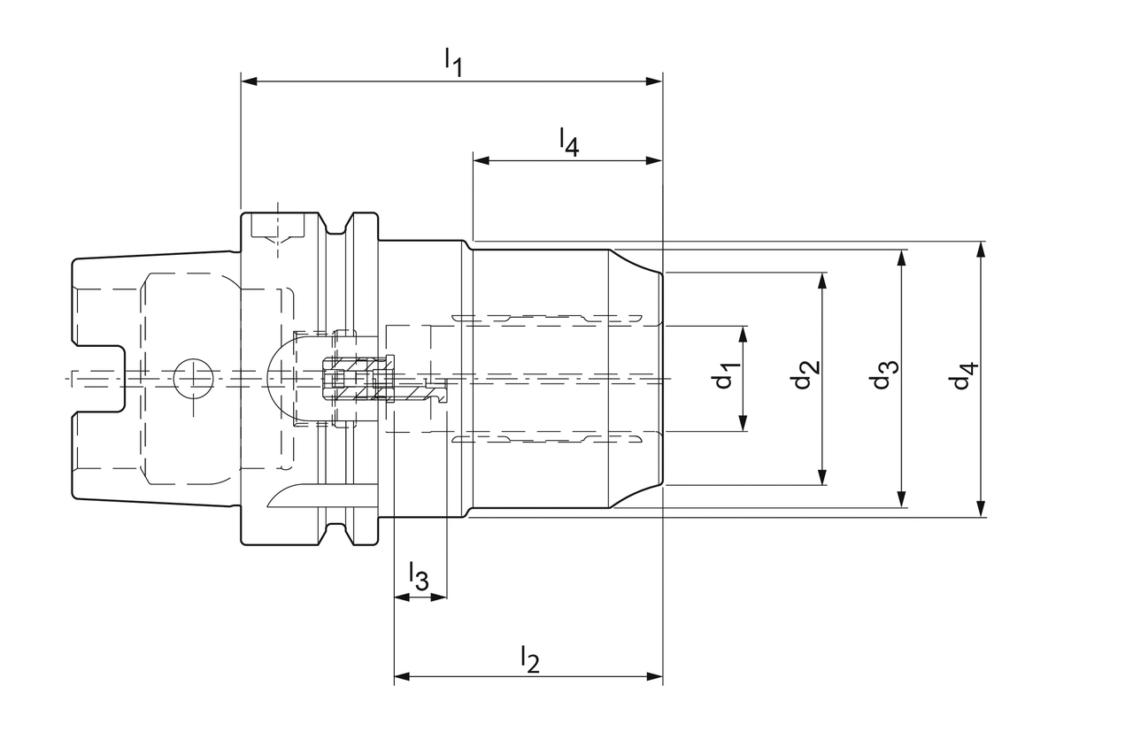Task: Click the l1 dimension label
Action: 453,61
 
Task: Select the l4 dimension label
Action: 568,141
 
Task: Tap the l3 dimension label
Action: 419,577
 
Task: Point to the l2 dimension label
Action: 529,658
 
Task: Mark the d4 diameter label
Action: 963,376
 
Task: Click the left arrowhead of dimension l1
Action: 249,81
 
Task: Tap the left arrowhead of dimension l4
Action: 481,161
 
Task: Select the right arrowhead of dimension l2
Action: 655,677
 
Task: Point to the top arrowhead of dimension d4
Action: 981,249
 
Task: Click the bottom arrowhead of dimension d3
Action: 902,500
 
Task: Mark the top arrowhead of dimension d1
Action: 744,334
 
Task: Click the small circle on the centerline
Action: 192,379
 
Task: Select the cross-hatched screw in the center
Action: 359,379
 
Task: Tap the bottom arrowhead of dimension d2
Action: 823,477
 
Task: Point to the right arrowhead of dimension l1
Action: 655,81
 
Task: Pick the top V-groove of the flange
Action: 335,227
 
